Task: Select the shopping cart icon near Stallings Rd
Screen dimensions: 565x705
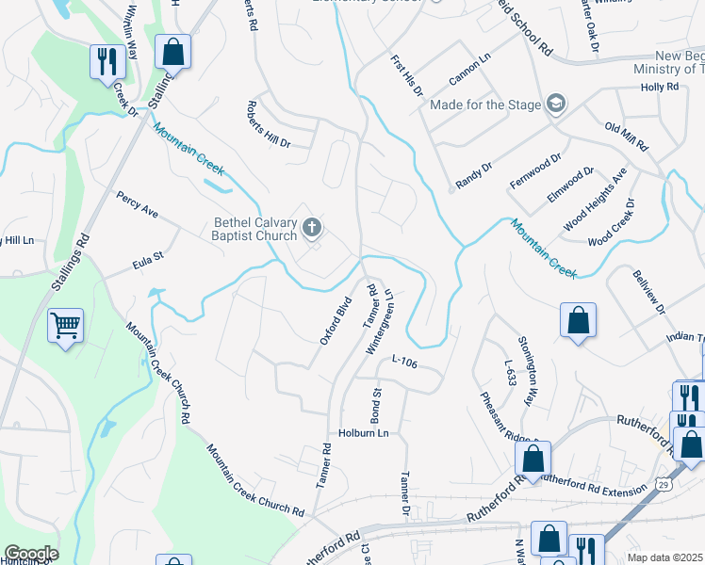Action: [65, 327]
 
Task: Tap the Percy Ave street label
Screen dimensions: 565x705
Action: [137, 205]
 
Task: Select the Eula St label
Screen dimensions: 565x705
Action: [148, 255]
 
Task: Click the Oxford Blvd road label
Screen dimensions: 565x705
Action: [335, 320]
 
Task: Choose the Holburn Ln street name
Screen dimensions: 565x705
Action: [363, 433]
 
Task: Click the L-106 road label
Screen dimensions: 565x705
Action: [403, 359]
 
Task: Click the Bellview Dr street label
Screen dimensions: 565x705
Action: [648, 295]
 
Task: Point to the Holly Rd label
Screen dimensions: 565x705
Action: [660, 87]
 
